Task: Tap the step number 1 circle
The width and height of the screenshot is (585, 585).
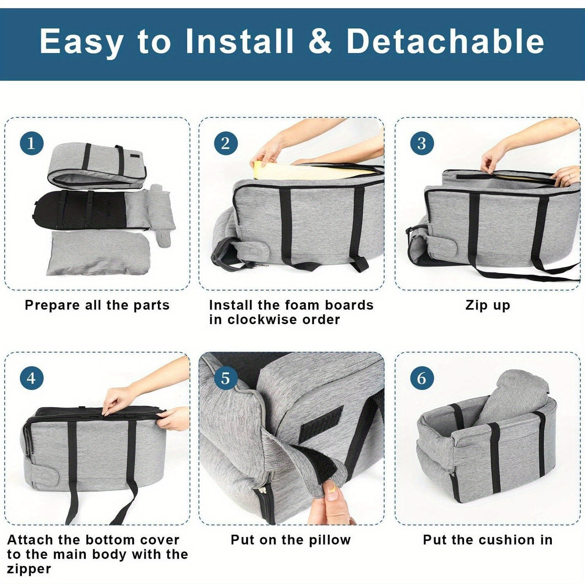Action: [32, 143]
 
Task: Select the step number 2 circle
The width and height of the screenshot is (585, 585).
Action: [226, 143]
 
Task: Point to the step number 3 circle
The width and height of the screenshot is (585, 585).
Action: [422, 143]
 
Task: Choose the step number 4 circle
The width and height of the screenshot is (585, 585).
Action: [32, 379]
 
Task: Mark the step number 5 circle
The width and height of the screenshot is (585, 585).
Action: [226, 379]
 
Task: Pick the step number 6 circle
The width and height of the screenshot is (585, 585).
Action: [422, 379]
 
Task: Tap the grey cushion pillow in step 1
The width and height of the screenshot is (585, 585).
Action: [98, 253]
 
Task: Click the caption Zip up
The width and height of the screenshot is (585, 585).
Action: [487, 305]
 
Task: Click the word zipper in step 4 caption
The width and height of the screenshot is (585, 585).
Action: [29, 569]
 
